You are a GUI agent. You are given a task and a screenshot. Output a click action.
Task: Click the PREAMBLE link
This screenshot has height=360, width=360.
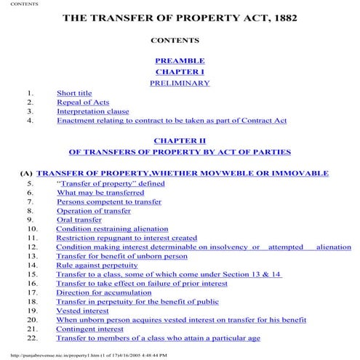(180, 60)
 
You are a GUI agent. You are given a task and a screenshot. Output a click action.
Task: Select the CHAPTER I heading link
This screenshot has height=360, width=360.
(180, 72)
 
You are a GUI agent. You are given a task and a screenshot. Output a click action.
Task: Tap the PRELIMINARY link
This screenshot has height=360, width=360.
(180, 84)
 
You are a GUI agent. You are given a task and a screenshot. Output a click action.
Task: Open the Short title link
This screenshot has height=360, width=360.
(74, 94)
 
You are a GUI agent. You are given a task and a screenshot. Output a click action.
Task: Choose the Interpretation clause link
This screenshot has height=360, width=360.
(93, 111)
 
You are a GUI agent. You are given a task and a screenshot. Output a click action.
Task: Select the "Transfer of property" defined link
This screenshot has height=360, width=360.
(111, 184)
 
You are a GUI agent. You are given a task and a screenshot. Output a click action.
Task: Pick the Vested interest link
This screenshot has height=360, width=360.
(80, 311)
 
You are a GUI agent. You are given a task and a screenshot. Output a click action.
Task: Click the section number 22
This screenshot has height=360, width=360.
(32, 338)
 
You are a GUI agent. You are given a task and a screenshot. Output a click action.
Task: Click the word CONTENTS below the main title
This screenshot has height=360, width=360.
(180, 39)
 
